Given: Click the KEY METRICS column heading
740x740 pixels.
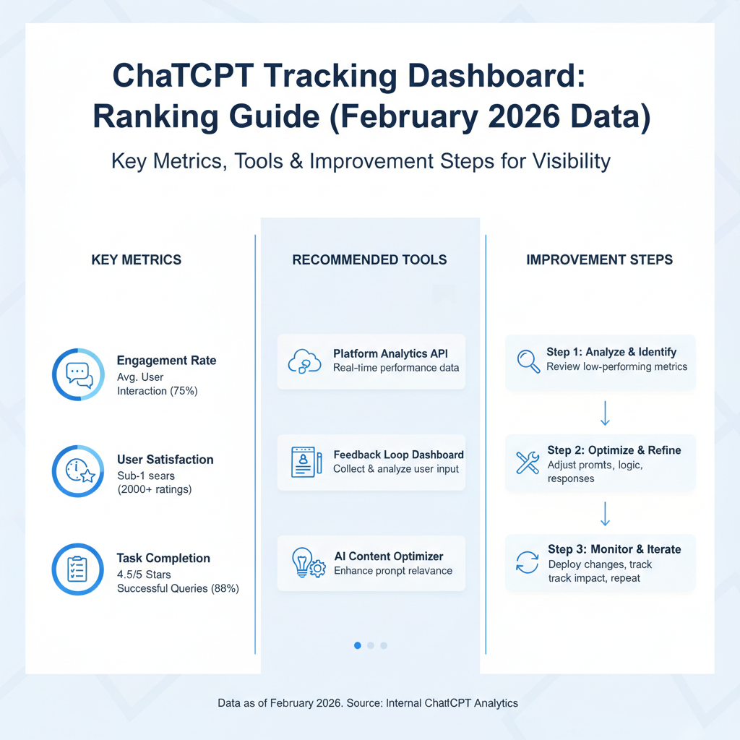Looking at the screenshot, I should [137, 259].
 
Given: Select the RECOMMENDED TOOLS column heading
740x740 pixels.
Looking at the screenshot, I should [369, 259].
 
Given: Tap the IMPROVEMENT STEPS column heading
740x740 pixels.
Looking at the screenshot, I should [600, 259].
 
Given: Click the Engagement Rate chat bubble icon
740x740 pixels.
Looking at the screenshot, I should [78, 374].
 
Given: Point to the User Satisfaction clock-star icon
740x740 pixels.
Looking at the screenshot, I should [78, 471].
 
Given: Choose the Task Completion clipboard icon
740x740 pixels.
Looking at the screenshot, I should [78, 569].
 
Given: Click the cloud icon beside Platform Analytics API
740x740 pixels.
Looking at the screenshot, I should [304, 361].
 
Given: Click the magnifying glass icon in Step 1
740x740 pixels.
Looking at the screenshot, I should [529, 361].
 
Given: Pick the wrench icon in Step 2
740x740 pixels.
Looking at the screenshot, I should [528, 462].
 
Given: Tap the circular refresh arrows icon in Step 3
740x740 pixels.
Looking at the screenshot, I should [528, 562].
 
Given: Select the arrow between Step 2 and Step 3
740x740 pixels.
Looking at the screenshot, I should [606, 513].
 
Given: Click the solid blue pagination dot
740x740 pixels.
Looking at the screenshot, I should [358, 645].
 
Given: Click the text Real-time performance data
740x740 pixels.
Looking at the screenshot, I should [396, 368].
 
